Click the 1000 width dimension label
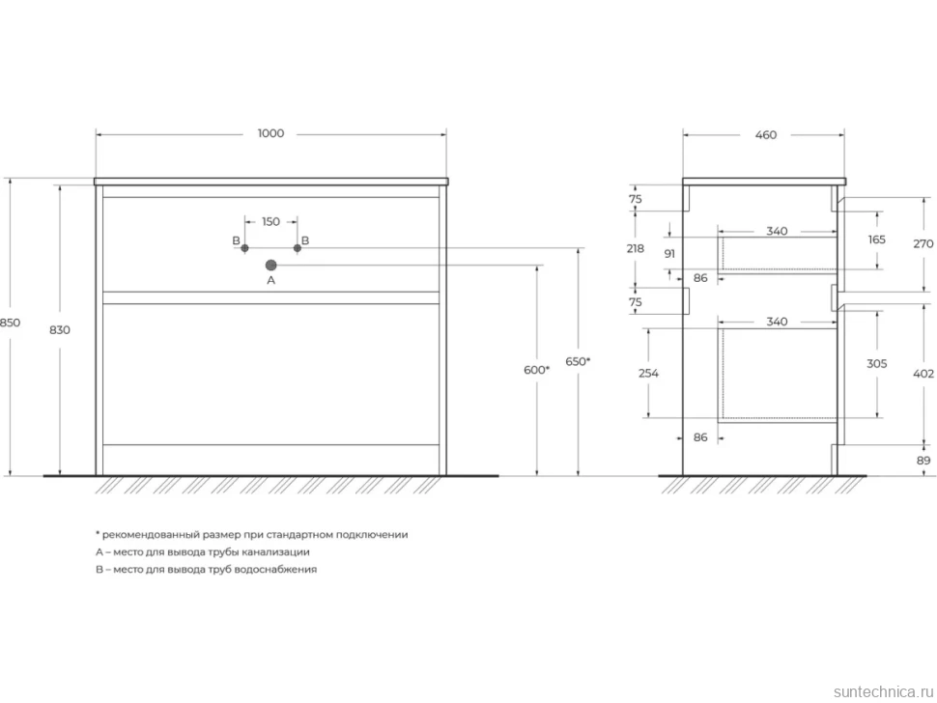tap(270, 134)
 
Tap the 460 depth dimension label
tap(765, 135)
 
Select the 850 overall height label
tap(10, 323)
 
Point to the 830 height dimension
tap(60, 329)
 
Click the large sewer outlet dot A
tap(270, 266)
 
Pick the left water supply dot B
tap(244, 248)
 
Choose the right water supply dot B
tap(297, 248)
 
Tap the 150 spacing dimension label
tap(270, 221)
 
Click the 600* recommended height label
tap(536, 370)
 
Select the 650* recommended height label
tap(578, 361)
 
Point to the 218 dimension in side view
tap(636, 248)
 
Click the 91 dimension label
tap(669, 254)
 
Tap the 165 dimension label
tap(877, 239)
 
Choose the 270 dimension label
tap(923, 243)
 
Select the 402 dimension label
tap(923, 374)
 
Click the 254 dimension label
tap(648, 374)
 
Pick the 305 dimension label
tap(877, 364)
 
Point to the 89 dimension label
tap(923, 461)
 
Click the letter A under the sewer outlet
tap(270, 280)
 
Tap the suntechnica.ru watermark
tap(883, 691)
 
